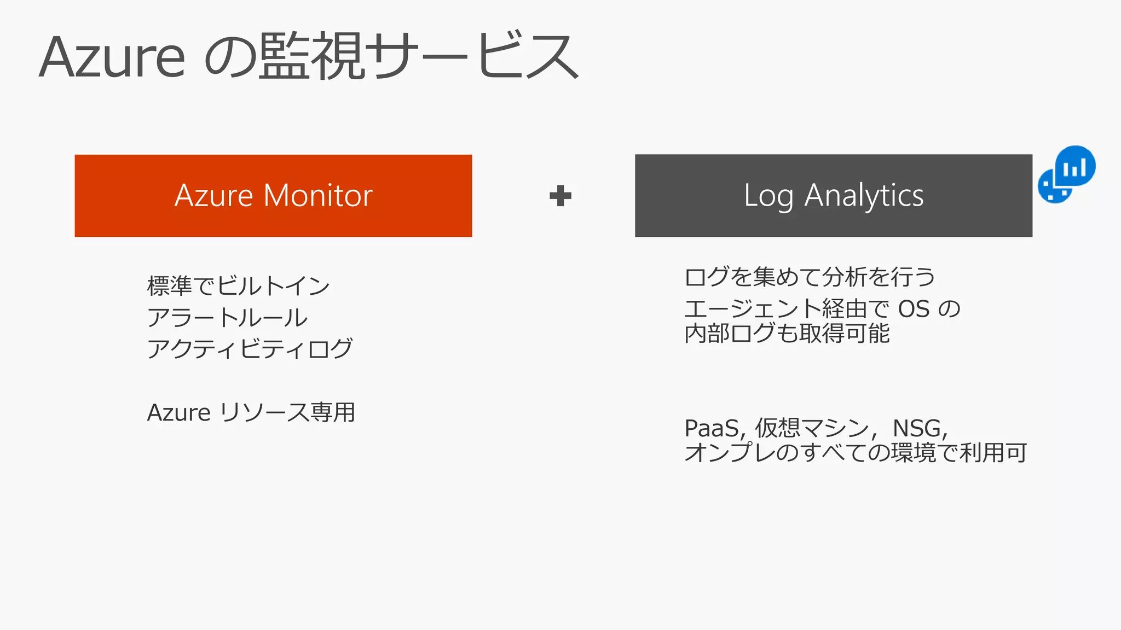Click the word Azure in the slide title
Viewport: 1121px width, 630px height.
pos(112,57)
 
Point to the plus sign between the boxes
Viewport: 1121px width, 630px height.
pos(560,196)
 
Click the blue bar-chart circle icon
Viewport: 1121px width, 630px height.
pos(1075,166)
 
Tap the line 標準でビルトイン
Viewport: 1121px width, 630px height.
pos(238,286)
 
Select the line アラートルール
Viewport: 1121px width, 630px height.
pos(227,318)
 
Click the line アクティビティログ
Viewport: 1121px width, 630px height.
pos(250,349)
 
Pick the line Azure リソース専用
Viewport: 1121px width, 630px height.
pos(251,412)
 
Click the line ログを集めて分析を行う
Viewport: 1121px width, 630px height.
pos(810,277)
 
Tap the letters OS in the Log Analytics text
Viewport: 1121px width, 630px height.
pos(914,310)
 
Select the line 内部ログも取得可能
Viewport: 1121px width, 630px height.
pos(787,334)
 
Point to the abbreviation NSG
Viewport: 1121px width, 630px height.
pos(917,428)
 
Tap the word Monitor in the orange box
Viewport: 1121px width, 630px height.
pos(318,195)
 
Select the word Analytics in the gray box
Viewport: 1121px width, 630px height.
pos(864,195)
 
